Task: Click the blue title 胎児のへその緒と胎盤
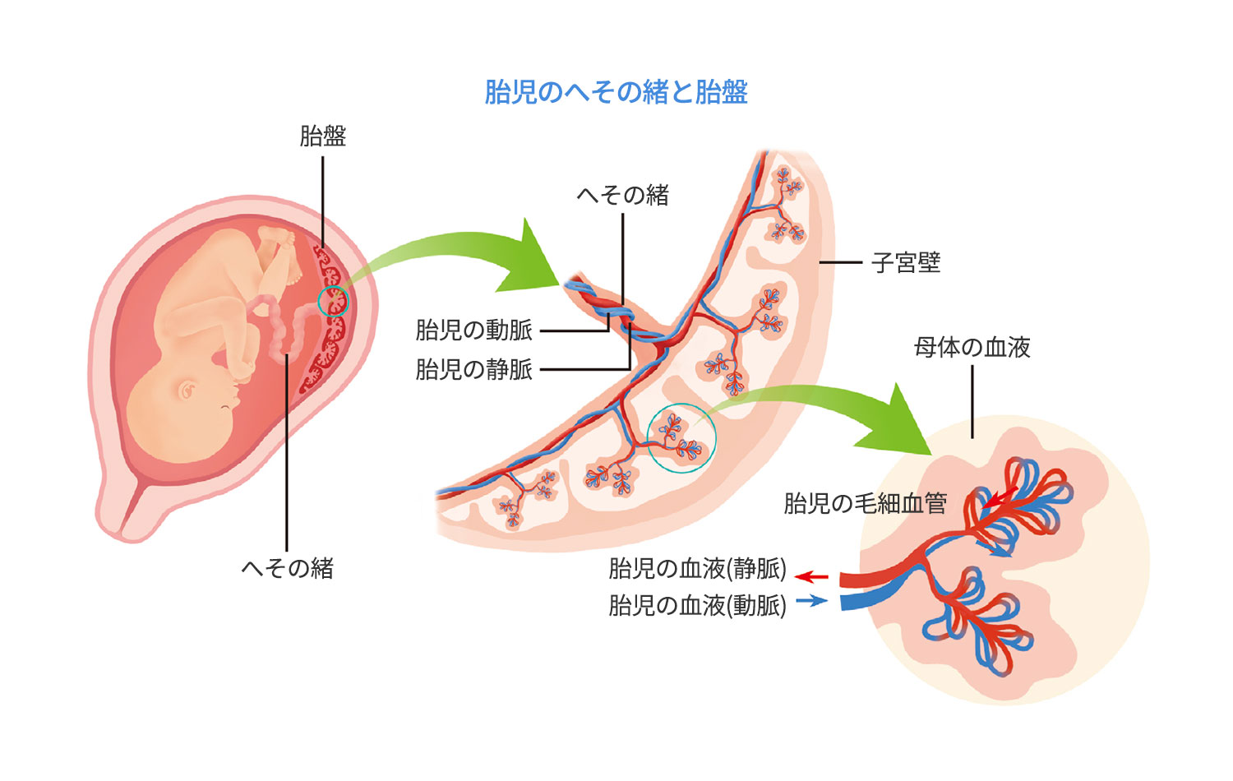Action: pyautogui.click(x=616, y=92)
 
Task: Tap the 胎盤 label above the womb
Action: pyautogui.click(x=323, y=136)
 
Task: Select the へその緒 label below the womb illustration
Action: pyautogui.click(x=287, y=568)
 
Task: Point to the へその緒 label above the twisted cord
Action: pyautogui.click(x=623, y=195)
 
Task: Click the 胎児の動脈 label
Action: pyautogui.click(x=474, y=330)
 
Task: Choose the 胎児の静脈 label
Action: pyautogui.click(x=474, y=369)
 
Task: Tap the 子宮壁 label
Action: pyautogui.click(x=906, y=263)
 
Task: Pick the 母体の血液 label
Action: pyautogui.click(x=972, y=347)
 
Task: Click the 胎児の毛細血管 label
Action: pyautogui.click(x=865, y=503)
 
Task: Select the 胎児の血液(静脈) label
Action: pyautogui.click(x=697, y=568)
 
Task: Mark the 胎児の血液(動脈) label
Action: pyautogui.click(x=697, y=605)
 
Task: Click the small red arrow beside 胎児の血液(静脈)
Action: pyautogui.click(x=812, y=577)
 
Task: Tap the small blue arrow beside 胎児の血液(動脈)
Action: pyautogui.click(x=812, y=601)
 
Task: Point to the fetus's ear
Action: pyautogui.click(x=187, y=389)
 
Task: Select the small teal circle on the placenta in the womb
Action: pyautogui.click(x=334, y=302)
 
